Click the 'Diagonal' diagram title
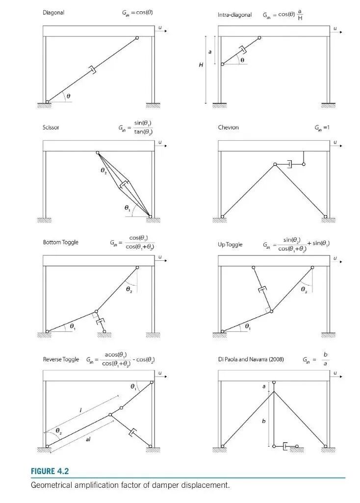point(53,13)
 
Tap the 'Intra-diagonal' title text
point(234,15)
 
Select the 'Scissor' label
point(51,127)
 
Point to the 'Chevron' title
point(228,127)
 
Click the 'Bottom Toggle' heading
point(60,242)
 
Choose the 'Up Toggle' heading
point(230,244)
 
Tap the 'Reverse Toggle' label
point(61,359)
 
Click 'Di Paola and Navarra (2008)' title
point(250,359)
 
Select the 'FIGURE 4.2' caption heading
point(50,471)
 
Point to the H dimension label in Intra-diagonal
point(201,67)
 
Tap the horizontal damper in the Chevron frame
point(290,164)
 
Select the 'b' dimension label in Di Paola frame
point(263,420)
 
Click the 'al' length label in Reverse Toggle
point(88,440)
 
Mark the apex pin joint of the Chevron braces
point(275,164)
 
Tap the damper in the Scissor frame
point(124,185)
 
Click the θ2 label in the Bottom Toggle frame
point(129,290)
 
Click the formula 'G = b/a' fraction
point(324,359)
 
